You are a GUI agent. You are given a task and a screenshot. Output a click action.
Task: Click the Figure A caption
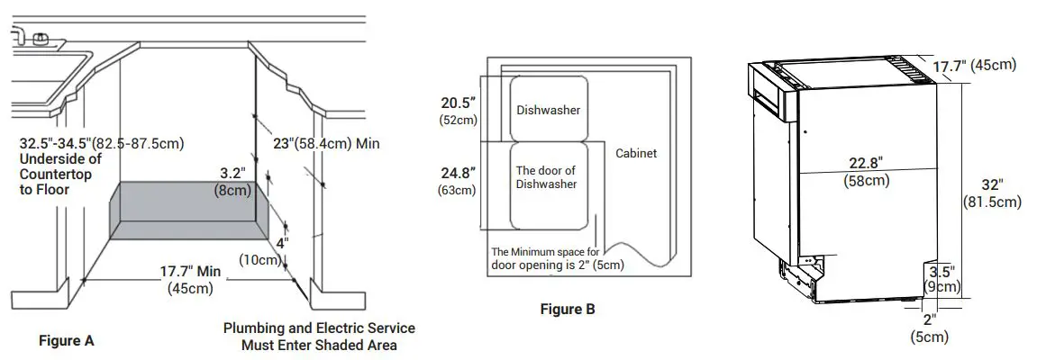[66, 341]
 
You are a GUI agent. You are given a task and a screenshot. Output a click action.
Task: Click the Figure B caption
[568, 310]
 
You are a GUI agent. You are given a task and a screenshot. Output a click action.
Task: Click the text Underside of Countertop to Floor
[59, 175]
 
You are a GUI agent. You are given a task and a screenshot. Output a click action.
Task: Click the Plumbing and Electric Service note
[319, 336]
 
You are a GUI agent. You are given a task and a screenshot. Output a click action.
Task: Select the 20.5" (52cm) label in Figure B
[458, 111]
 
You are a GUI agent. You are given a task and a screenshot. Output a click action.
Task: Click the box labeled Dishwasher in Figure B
[548, 110]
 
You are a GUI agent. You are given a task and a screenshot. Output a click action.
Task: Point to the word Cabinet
[636, 153]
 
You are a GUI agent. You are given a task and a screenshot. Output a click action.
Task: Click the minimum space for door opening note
[557, 258]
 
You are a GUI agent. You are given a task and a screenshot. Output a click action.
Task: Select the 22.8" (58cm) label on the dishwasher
[866, 171]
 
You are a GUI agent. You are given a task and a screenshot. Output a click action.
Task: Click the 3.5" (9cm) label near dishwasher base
[941, 278]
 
